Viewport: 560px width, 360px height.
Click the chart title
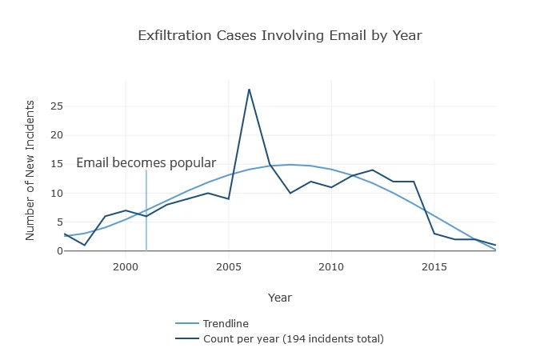click(x=279, y=36)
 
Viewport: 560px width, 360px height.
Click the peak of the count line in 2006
click(x=249, y=89)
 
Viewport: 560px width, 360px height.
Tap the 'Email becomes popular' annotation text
click(x=146, y=163)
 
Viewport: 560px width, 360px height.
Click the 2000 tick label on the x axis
click(x=126, y=266)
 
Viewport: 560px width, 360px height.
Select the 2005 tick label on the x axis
click(x=229, y=266)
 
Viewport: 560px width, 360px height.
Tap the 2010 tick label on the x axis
click(x=331, y=266)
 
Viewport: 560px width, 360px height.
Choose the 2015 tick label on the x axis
click(x=434, y=266)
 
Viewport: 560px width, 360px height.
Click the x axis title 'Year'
click(x=279, y=298)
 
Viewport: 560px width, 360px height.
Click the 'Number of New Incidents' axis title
click(x=30, y=170)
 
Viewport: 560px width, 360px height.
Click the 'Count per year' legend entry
click(x=293, y=339)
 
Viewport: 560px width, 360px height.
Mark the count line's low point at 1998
click(x=84, y=245)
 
